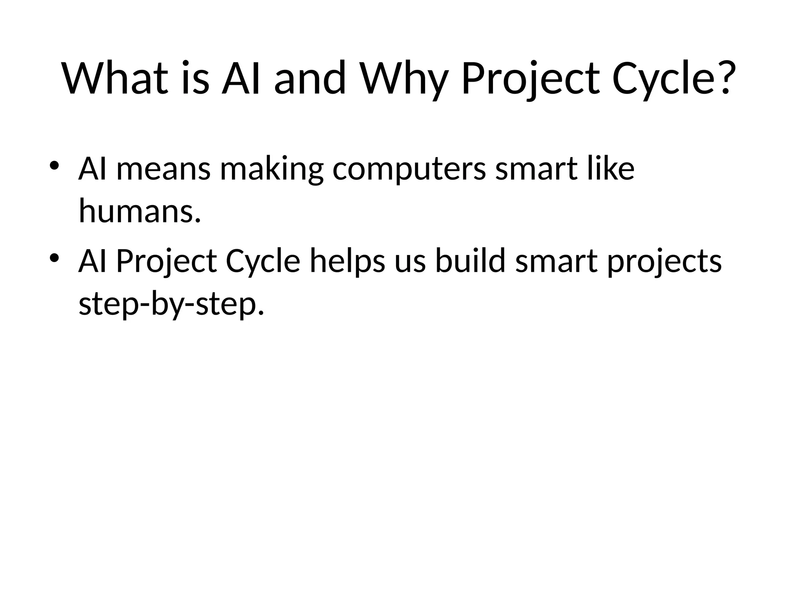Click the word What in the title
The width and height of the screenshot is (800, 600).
pyautogui.click(x=116, y=78)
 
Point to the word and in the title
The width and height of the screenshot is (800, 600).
pyautogui.click(x=310, y=78)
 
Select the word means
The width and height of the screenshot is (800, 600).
pyautogui.click(x=163, y=169)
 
